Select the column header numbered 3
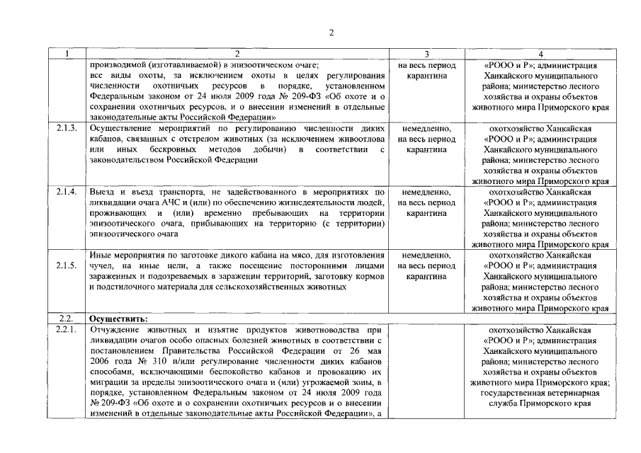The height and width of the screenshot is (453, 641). [x=427, y=54]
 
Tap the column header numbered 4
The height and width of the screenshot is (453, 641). [x=540, y=54]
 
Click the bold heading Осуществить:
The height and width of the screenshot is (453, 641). [x=118, y=319]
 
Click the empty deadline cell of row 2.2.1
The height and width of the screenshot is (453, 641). [x=427, y=372]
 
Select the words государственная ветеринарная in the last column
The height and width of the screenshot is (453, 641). [x=540, y=394]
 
